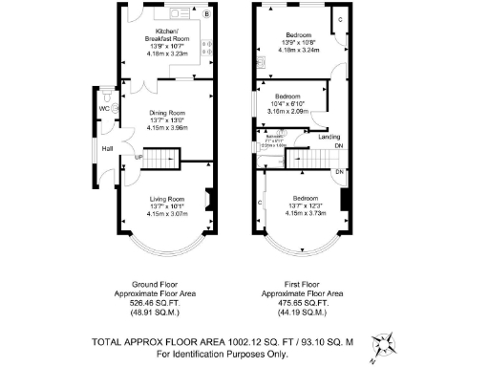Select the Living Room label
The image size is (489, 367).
[x=161, y=198]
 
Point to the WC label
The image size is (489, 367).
[x=103, y=107]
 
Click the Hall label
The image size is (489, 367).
[x=108, y=148]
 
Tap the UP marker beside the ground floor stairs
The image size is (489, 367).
[x=138, y=156]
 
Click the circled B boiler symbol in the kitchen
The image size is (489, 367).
[x=207, y=14]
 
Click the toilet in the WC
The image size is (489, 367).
[x=114, y=108]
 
